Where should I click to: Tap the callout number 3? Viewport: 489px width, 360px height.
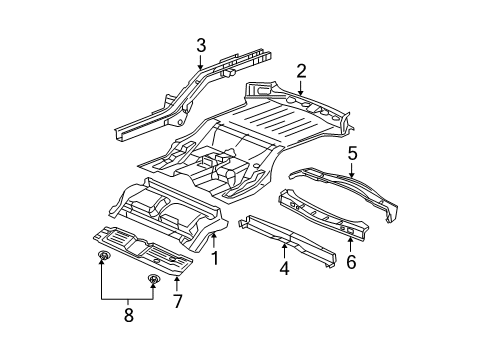(200, 45)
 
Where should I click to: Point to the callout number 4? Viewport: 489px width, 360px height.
(285, 268)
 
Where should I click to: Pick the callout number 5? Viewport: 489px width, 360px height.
(351, 152)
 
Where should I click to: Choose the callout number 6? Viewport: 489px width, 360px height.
(350, 261)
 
